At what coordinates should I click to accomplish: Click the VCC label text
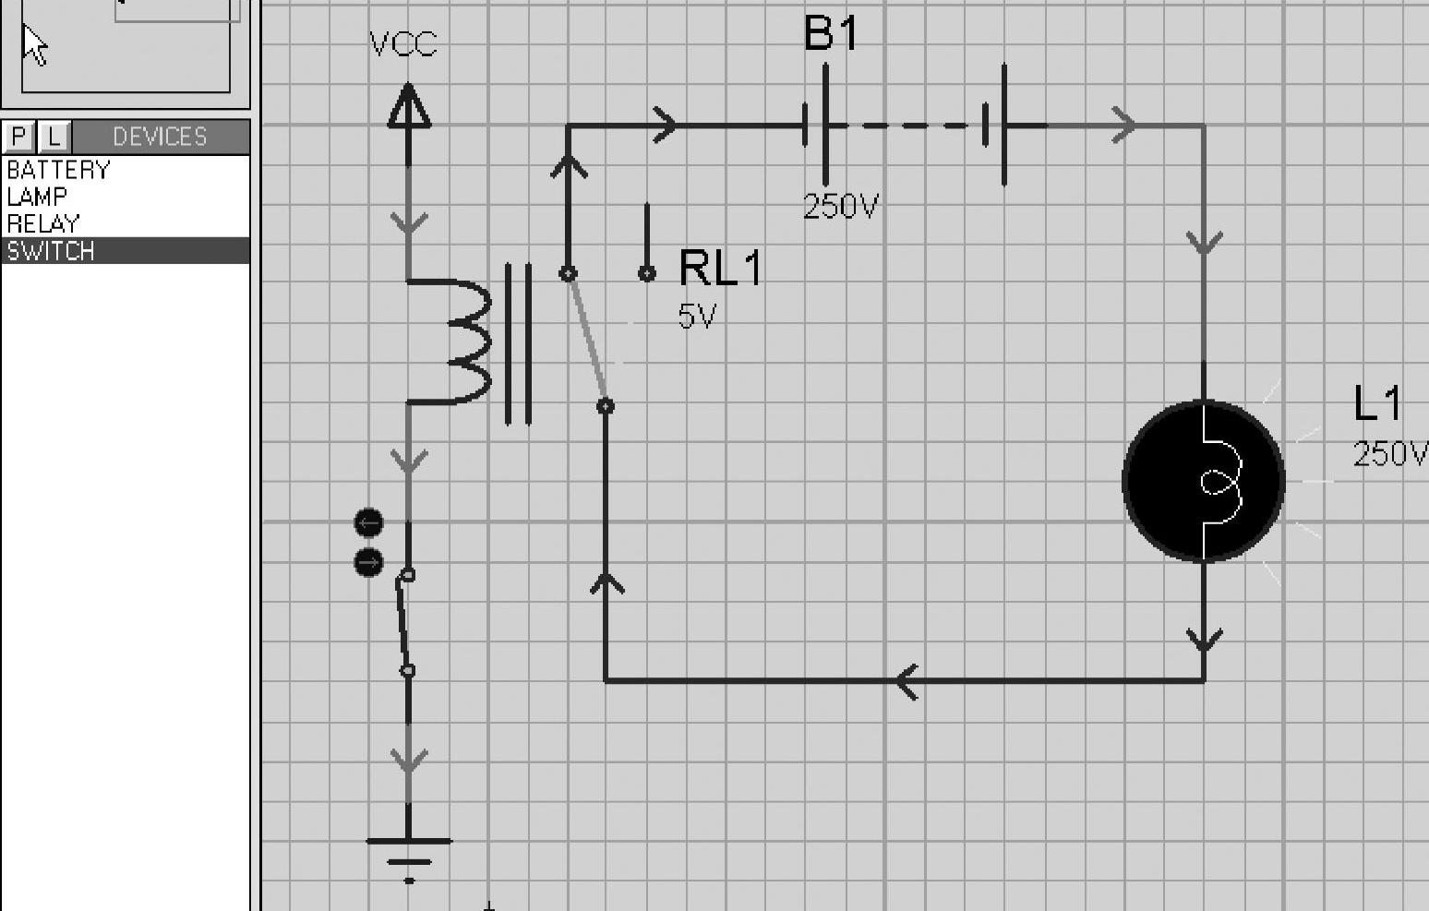click(403, 44)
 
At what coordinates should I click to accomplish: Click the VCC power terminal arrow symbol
click(409, 106)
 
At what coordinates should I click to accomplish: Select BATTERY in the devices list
click(58, 170)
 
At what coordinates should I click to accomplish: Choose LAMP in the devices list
click(36, 197)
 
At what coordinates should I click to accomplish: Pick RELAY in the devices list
click(42, 224)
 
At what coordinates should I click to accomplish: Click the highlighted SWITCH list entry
click(125, 251)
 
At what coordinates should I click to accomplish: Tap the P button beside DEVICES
click(18, 136)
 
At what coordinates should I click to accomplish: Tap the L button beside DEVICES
click(54, 136)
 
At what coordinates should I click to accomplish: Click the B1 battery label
click(831, 33)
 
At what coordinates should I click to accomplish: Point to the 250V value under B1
click(841, 206)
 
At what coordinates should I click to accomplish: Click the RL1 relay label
click(720, 268)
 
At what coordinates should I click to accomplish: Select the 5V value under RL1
click(697, 316)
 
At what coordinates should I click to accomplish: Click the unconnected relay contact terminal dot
click(647, 274)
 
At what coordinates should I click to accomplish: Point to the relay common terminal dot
click(606, 406)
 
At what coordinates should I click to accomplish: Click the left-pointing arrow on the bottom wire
click(907, 681)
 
